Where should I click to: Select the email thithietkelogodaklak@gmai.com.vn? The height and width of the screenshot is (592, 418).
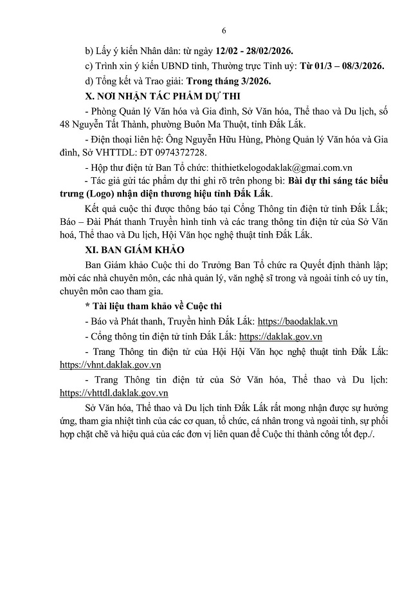(x=263, y=167)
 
